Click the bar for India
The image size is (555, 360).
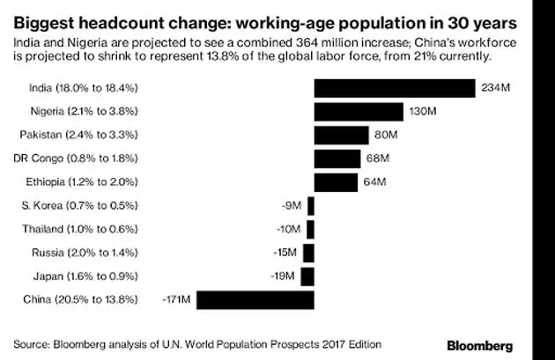point(395,88)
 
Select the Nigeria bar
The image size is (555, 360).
point(358,112)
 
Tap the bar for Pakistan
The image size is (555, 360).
point(341,136)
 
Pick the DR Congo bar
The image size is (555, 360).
point(337,159)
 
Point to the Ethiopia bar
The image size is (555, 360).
point(337,183)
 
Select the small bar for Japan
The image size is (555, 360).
point(308,277)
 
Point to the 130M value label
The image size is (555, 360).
point(418,112)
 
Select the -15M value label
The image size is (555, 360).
point(285,253)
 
